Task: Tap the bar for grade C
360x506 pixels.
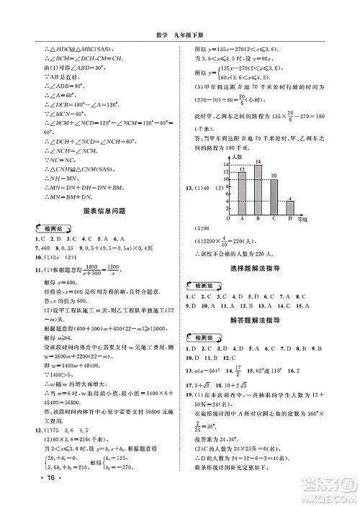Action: (274, 196)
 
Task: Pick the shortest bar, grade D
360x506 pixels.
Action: (289, 207)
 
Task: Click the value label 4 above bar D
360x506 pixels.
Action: (289, 198)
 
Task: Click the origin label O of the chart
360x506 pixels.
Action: (228, 217)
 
